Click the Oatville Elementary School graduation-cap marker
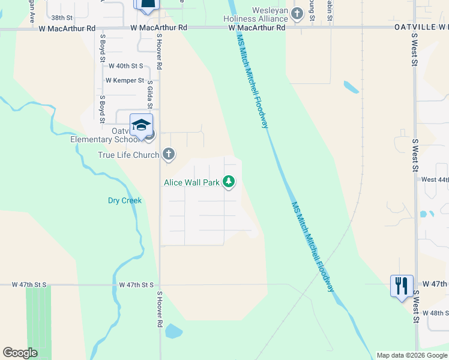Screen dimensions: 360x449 click(141, 125)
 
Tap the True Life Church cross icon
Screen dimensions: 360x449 click(169, 155)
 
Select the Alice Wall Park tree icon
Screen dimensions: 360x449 click(229, 181)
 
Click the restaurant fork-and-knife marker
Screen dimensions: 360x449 click(401, 285)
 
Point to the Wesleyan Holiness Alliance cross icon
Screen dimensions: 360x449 click(297, 13)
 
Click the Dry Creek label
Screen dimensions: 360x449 click(125, 200)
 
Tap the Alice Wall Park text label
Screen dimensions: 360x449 click(191, 182)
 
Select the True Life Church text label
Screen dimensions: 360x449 click(129, 155)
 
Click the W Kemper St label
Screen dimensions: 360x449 click(125, 80)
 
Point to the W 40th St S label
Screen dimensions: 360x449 click(125, 66)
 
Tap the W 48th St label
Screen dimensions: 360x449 click(435, 313)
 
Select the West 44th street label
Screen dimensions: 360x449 click(435, 179)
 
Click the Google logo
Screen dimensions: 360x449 click(20, 353)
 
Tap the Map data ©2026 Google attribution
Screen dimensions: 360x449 click(412, 355)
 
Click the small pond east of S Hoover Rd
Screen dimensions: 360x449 click(173, 331)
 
